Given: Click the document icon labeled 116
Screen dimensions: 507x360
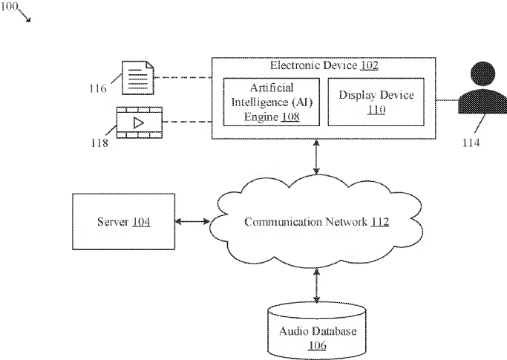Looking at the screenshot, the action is [x=138, y=78].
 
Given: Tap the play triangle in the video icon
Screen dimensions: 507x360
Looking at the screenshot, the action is [x=138, y=123].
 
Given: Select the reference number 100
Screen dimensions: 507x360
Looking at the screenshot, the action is [x=9, y=6].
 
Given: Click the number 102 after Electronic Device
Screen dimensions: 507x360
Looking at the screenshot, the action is [x=369, y=65].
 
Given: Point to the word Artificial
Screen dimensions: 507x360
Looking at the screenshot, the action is [x=272, y=88].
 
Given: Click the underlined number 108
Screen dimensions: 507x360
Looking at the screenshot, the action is [x=290, y=117].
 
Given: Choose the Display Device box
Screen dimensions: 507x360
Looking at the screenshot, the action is [x=376, y=102].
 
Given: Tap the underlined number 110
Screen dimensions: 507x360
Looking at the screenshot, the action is [x=376, y=110].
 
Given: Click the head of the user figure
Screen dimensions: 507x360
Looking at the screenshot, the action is [x=483, y=73].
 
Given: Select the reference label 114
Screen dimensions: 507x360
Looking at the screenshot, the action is [x=471, y=143].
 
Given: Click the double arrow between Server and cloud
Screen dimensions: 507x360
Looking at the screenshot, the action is [x=192, y=221].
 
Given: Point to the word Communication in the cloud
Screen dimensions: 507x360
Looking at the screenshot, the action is [x=283, y=222].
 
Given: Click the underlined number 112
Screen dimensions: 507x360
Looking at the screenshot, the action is [x=379, y=222].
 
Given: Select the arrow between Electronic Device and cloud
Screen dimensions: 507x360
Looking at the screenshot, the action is [x=316, y=157].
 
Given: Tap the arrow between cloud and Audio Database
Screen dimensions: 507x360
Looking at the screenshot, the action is [x=316, y=286].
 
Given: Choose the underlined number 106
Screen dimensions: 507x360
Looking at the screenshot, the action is [x=317, y=345].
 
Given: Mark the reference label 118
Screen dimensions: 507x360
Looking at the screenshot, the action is [x=99, y=143].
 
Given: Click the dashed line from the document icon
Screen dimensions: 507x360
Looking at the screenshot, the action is [x=183, y=78].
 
